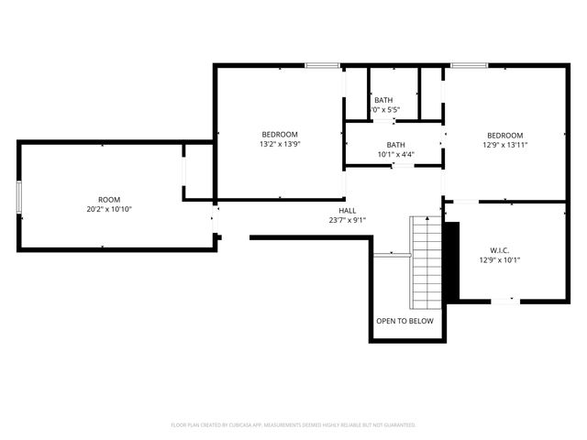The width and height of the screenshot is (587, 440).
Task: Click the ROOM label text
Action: tap(109, 199)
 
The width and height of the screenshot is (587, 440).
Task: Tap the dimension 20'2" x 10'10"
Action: tap(109, 209)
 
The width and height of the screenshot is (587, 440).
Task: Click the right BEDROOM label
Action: tap(505, 135)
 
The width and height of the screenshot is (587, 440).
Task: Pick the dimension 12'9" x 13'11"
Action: tap(505, 145)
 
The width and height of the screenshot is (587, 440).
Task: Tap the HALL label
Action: tap(348, 210)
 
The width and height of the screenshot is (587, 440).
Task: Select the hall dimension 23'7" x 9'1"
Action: tap(348, 220)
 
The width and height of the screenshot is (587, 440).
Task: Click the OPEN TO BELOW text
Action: tap(404, 322)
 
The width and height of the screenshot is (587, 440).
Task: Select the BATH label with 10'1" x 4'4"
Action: tap(395, 144)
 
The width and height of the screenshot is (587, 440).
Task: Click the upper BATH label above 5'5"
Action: tap(383, 100)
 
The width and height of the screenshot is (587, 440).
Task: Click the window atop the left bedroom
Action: tap(322, 65)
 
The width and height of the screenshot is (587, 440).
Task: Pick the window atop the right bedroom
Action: tap(469, 65)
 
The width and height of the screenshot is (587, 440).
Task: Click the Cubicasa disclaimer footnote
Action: tap(293, 425)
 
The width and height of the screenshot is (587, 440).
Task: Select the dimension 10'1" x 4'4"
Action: tap(395, 154)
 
